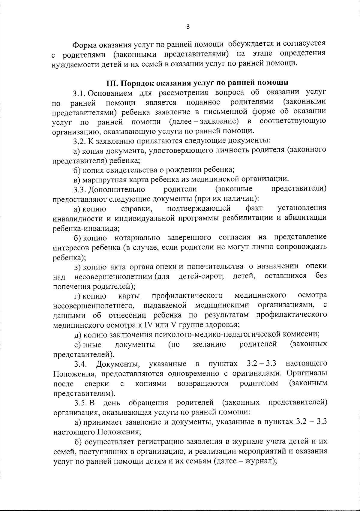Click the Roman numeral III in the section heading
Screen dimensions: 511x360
pyautogui.click(x=112, y=82)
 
